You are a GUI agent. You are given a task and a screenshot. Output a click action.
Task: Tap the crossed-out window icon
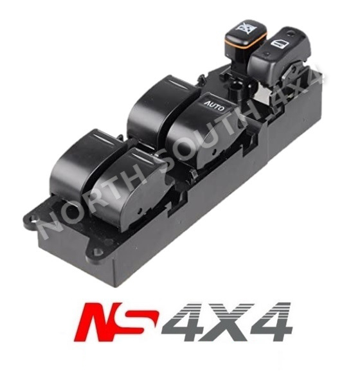245,28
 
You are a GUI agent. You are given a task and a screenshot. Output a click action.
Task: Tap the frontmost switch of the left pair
138,183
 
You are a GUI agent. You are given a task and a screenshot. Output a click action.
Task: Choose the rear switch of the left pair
84,158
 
